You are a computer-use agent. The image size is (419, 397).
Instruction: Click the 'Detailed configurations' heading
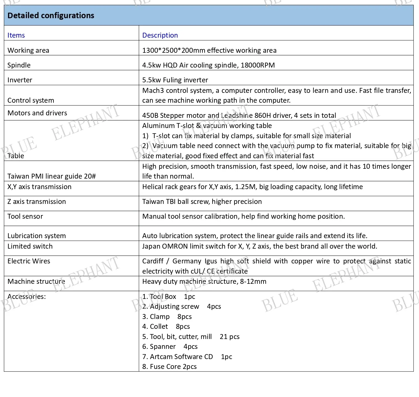(51, 15)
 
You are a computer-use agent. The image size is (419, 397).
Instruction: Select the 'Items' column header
(16, 35)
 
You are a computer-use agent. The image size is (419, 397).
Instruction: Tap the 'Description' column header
(160, 35)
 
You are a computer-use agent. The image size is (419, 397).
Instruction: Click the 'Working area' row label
(28, 50)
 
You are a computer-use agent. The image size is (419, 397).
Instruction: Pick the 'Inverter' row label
(20, 80)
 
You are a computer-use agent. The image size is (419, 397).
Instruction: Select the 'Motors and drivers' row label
(37, 113)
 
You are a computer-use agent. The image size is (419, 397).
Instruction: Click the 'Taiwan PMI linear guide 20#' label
(52, 176)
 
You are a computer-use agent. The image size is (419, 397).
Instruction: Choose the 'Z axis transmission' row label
(36, 201)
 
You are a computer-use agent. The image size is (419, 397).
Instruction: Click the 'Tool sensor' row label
(25, 216)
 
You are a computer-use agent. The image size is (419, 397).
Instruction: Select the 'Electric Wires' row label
(29, 261)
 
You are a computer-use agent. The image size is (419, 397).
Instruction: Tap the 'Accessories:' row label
(27, 296)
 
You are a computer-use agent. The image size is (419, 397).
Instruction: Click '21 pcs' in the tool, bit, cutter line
(230, 337)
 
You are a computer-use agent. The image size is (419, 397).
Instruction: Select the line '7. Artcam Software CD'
(178, 357)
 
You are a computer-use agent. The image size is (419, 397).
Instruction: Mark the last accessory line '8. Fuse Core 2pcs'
(169, 366)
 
